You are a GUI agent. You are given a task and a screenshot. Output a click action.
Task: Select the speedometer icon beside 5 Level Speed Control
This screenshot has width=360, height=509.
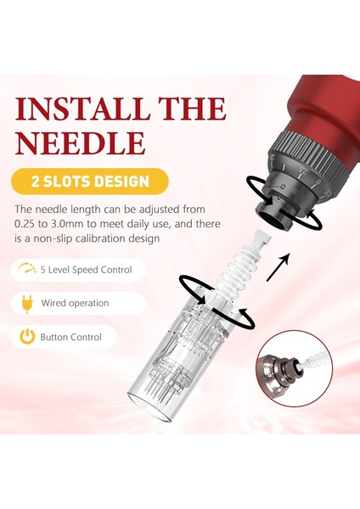tap(27, 270)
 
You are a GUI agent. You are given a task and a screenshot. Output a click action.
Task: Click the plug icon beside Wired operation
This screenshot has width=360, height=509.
tap(27, 303)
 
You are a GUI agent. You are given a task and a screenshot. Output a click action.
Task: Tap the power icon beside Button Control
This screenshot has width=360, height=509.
tap(27, 337)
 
